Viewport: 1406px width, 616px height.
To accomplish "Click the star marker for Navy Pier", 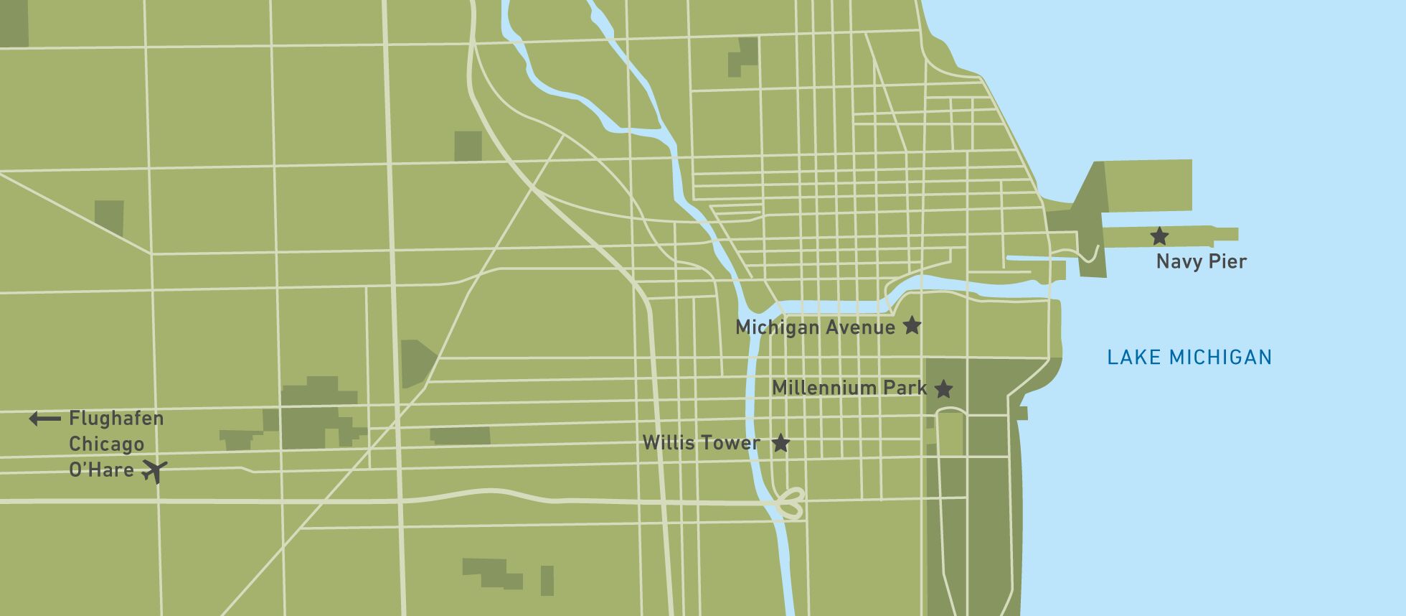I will (1159, 235).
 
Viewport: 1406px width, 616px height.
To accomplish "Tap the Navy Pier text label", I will (1201, 261).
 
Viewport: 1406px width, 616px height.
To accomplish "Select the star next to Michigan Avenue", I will (911, 326).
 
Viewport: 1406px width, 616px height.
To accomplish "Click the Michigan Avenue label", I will (815, 327).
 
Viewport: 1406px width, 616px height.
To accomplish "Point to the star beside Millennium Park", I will (944, 389).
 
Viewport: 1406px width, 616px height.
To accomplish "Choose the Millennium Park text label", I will (849, 388).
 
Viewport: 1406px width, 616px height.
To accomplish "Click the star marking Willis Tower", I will (780, 443).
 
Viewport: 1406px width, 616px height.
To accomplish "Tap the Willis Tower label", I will (701, 443).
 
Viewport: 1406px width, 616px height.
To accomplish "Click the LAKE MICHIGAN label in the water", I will (1189, 357).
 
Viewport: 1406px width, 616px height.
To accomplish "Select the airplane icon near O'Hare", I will (154, 471).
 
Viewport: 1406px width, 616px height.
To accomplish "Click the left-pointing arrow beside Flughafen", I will (44, 419).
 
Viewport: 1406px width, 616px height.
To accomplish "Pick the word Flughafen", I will (116, 419).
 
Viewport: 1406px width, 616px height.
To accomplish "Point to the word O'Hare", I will (101, 470).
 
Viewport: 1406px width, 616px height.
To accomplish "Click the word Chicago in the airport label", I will (106, 444).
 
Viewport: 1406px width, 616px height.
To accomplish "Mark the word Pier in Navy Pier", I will (1227, 261).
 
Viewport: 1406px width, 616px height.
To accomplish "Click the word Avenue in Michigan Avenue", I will (860, 327).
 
